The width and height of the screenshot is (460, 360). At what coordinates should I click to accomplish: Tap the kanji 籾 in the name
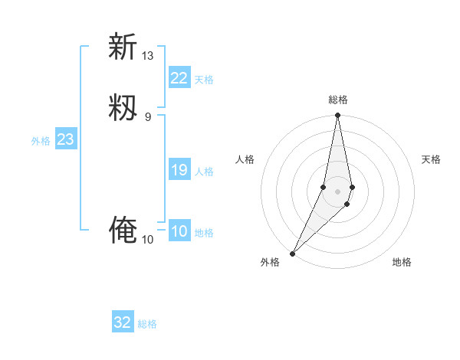pos(123,107)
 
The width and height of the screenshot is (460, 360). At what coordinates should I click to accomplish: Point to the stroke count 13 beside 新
pos(148,56)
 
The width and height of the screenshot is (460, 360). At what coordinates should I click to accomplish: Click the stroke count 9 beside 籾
pos(148,116)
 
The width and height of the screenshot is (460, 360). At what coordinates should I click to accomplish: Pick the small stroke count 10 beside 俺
pos(148,240)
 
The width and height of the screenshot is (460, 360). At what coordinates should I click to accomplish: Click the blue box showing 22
pos(179,78)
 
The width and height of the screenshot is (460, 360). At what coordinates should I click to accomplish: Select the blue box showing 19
pos(179,170)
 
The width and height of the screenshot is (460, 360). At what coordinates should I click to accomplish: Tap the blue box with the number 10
pos(179,231)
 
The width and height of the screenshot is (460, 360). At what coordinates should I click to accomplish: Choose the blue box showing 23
pos(66,139)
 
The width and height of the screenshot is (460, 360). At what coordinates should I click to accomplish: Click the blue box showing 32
pos(123,322)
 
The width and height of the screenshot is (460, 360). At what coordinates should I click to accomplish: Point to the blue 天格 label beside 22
pos(204,80)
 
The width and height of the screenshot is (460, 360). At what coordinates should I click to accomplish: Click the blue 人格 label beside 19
pos(204,172)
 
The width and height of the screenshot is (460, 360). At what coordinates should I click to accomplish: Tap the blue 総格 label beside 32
pos(147,324)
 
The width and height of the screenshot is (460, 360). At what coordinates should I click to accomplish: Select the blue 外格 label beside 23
pos(41,141)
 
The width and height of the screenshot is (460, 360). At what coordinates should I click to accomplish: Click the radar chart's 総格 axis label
pos(338,100)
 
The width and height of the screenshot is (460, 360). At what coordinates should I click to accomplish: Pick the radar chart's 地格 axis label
pos(402,262)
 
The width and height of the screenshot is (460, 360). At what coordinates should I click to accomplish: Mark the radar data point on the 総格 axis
pos(338,116)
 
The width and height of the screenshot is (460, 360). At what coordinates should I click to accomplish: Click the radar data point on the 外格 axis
pos(292,253)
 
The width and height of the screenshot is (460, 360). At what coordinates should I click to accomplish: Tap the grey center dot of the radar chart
pos(338,191)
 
